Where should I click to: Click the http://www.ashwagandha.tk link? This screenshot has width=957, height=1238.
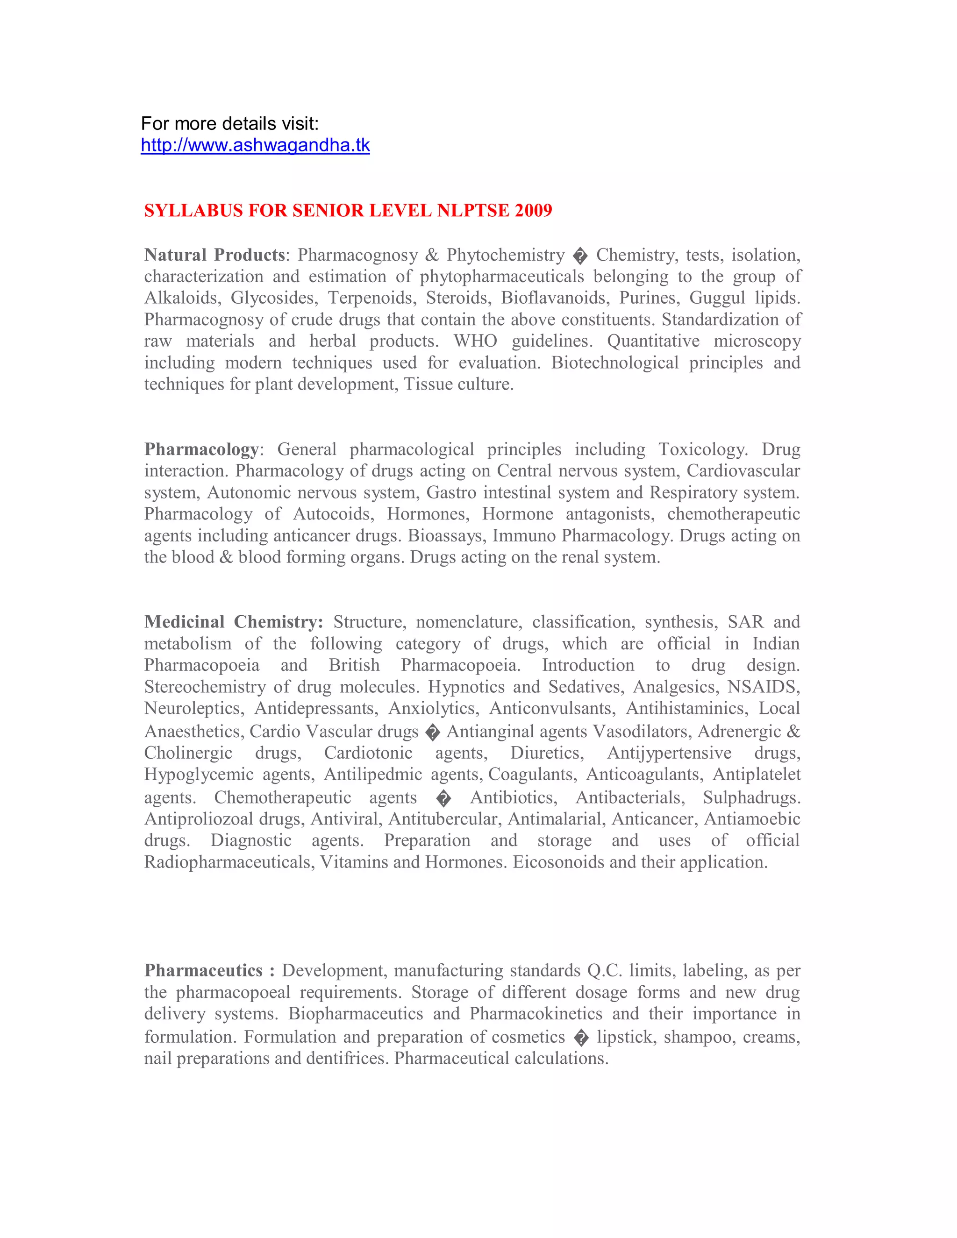point(255,146)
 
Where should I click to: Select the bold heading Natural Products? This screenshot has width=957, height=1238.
point(214,255)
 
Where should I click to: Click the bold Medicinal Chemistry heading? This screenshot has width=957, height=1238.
point(233,622)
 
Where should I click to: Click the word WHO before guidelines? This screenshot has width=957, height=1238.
point(475,341)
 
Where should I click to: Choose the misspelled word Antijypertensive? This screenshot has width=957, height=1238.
point(669,753)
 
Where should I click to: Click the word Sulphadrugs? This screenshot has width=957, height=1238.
point(752,797)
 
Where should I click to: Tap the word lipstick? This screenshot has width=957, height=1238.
point(625,1037)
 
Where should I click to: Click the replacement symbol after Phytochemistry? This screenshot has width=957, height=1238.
point(580,257)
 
